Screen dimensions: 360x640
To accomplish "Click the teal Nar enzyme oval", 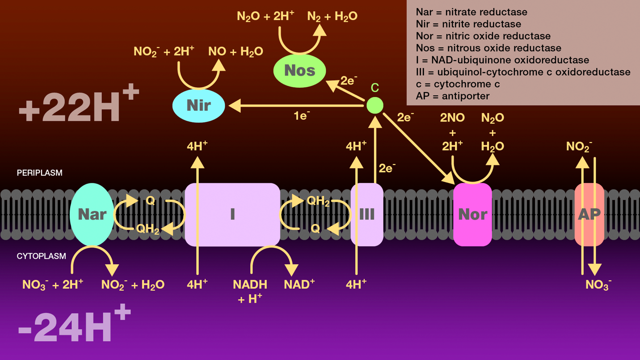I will tap(92, 214).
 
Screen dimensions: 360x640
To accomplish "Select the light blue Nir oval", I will tap(198, 106).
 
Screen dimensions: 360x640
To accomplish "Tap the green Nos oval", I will tap(299, 71).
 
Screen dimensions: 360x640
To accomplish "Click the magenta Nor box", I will tap(472, 215).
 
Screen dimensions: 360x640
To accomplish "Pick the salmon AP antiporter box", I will tap(589, 215).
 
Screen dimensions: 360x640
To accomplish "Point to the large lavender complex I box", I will tap(232, 215).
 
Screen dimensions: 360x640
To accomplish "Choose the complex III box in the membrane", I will tap(367, 215).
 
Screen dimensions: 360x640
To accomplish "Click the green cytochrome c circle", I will tap(375, 106).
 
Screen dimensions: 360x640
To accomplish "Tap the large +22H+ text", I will tap(79, 106).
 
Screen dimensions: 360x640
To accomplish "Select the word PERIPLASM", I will tap(39, 173).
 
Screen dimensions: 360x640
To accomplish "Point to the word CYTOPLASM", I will tap(41, 256).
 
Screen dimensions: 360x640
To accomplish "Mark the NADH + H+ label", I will tap(250, 291).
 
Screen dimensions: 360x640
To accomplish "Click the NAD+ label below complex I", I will tap(299, 284).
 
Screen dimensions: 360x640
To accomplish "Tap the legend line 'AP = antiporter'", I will tap(452, 96).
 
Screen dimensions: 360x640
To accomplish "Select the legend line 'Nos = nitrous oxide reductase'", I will tap(488, 48).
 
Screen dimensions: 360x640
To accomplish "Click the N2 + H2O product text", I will tap(332, 17).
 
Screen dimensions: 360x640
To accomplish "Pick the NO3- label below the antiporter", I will tap(598, 285).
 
